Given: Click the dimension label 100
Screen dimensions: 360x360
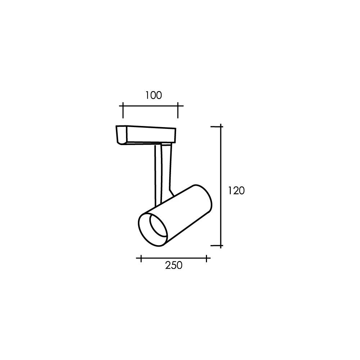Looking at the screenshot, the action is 154,95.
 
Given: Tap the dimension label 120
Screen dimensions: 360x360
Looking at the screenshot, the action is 236,190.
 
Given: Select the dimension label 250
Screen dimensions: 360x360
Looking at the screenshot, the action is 174,265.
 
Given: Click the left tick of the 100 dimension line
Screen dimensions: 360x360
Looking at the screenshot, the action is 123,111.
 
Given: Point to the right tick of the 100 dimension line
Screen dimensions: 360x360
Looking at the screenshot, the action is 178,111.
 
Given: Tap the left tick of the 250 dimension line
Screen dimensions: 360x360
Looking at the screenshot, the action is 141,258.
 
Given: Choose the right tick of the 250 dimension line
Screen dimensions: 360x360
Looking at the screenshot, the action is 207,258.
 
